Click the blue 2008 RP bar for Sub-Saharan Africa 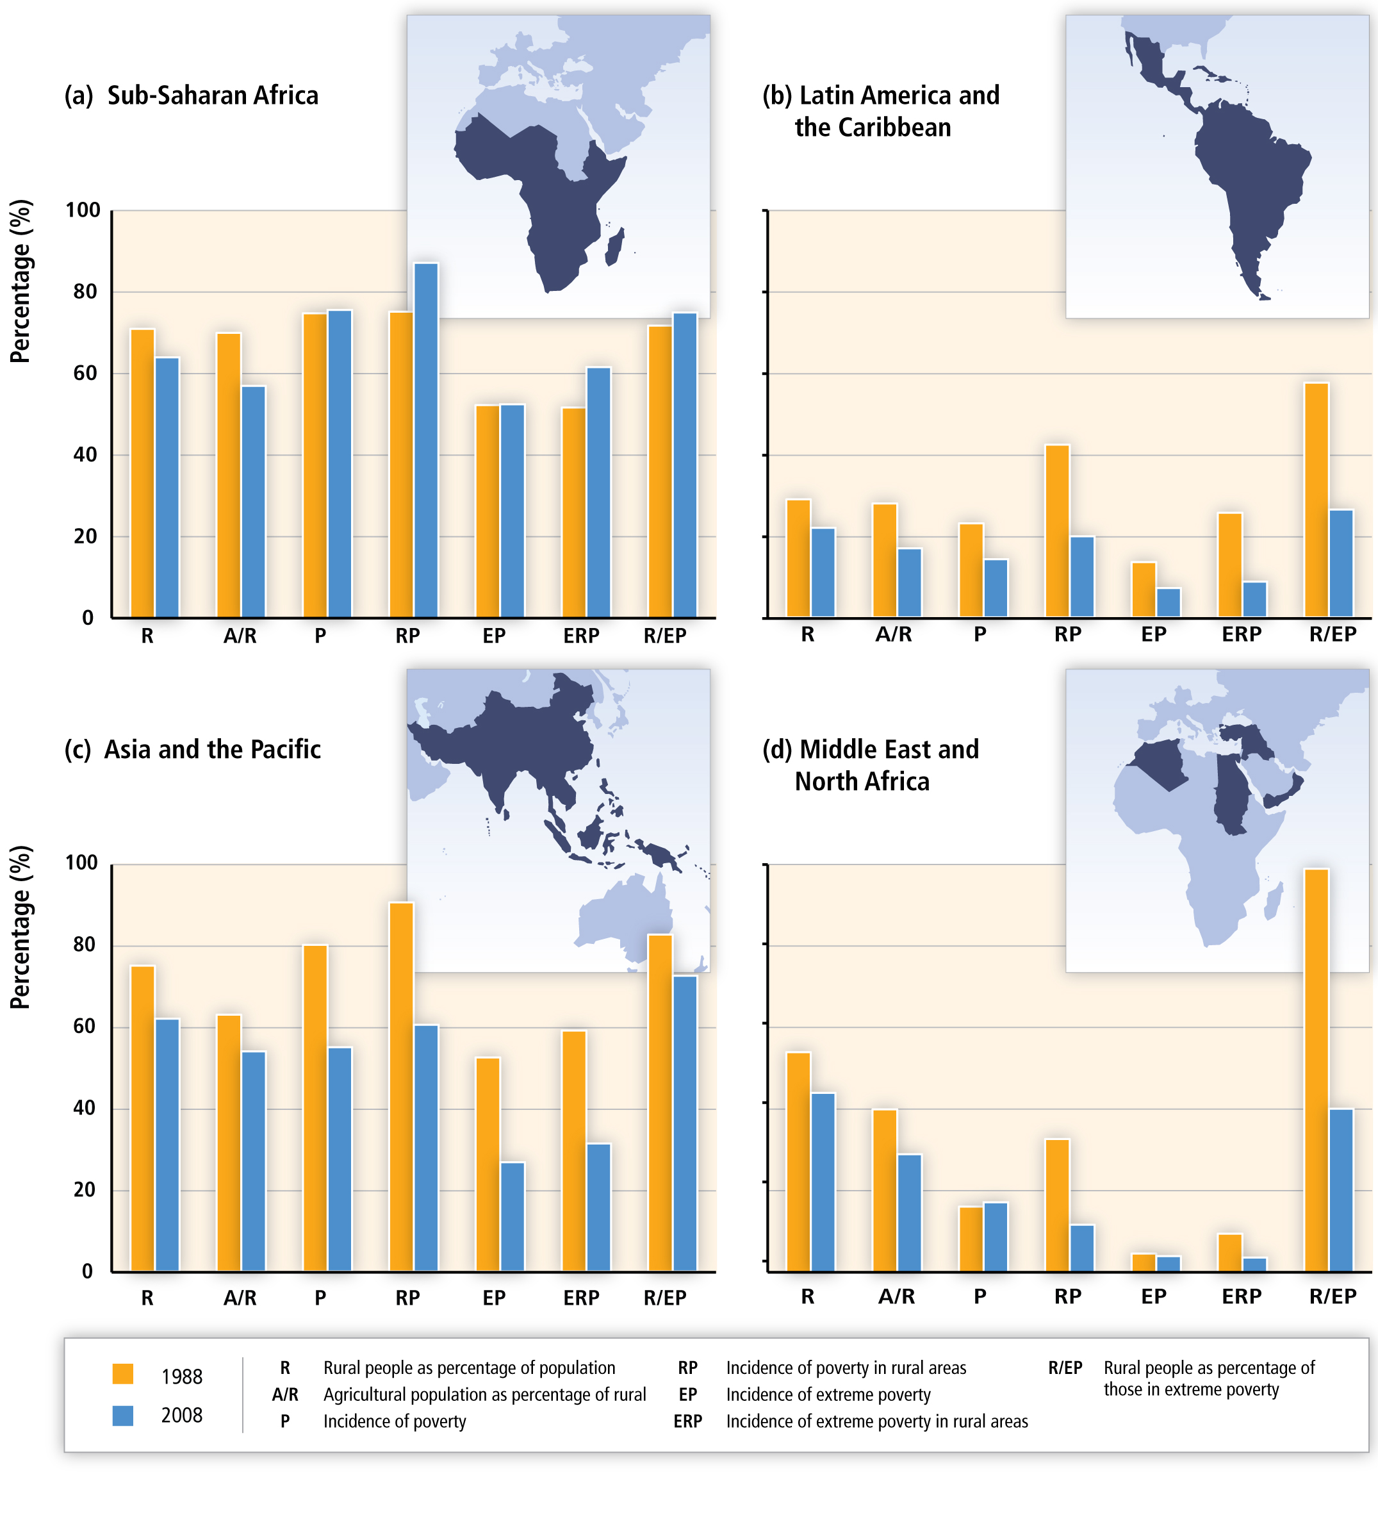425,439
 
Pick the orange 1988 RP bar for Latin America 1057,530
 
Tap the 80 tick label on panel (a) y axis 85,292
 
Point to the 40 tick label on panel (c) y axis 85,1109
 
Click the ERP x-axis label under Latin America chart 1241,634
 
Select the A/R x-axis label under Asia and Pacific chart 240,1298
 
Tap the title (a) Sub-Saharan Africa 192,95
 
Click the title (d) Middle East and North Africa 871,765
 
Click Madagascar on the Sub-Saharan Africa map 616,247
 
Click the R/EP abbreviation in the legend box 1065,1368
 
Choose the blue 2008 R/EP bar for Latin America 1341,563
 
